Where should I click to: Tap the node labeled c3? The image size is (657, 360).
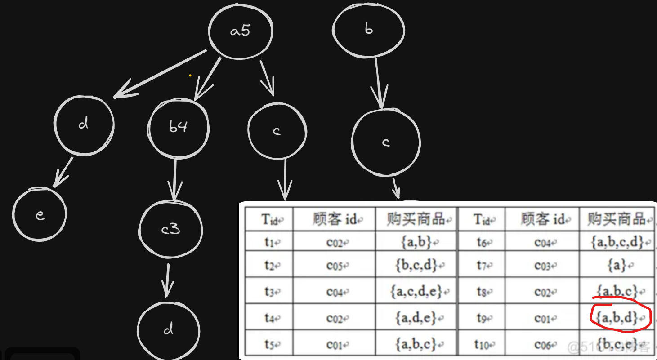pyautogui.click(x=170, y=229)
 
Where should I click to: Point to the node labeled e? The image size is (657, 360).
pyautogui.click(x=40, y=214)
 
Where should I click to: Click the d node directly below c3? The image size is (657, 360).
pyautogui.click(x=168, y=329)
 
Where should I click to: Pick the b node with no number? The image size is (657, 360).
pyautogui.click(x=368, y=30)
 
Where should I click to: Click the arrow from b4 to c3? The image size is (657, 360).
pyautogui.click(x=175, y=180)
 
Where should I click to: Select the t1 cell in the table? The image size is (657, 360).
pyautogui.click(x=269, y=243)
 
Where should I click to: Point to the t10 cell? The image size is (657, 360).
pyautogui.click(x=481, y=345)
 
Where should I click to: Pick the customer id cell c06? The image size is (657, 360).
pyautogui.click(x=543, y=345)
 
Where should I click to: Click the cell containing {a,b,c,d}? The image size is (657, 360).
pyautogui.click(x=617, y=243)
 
